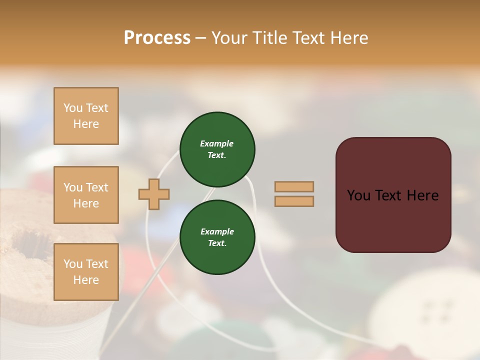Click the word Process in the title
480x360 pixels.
(x=157, y=38)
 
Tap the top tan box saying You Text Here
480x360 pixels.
(x=86, y=116)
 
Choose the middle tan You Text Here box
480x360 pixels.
(x=86, y=195)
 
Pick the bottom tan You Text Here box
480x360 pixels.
(x=86, y=272)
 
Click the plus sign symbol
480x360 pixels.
(x=154, y=194)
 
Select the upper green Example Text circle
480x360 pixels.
(x=217, y=149)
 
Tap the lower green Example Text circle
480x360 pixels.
(x=217, y=237)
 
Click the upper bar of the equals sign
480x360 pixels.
(x=294, y=186)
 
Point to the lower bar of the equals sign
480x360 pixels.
(x=294, y=201)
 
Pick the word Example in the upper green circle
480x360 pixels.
(x=217, y=143)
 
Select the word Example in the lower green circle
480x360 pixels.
(x=217, y=231)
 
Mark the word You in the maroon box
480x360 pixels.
(x=359, y=195)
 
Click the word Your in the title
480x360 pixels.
(x=229, y=38)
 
